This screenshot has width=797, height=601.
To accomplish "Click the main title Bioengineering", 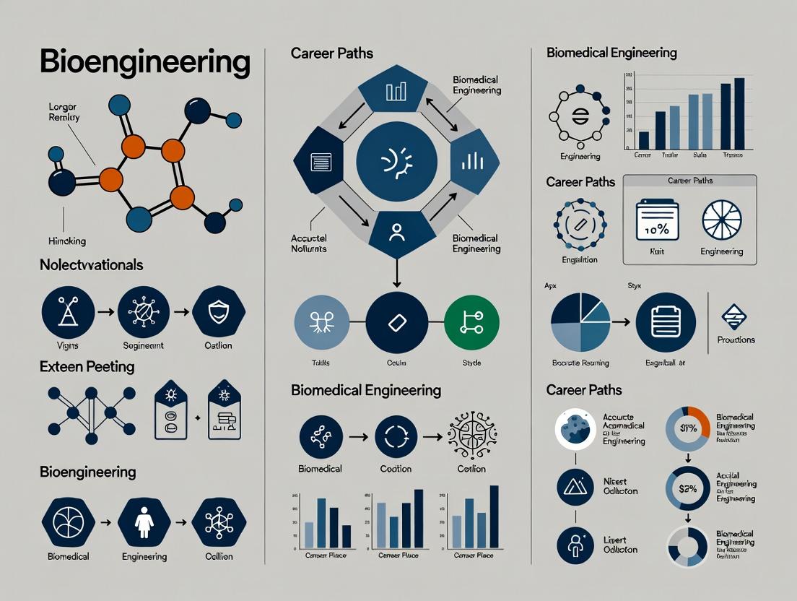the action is [x=144, y=63].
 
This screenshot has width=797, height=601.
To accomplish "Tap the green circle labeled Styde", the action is [x=471, y=322].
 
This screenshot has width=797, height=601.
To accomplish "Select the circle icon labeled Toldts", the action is [x=322, y=322].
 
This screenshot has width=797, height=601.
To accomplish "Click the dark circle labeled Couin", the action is [x=397, y=322].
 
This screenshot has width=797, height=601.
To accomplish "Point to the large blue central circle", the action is [x=397, y=160].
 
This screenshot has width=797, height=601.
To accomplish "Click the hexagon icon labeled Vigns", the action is [x=68, y=312].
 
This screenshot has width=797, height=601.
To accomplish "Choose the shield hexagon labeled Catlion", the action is [x=219, y=312].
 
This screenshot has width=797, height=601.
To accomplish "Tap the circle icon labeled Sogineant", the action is [x=143, y=312].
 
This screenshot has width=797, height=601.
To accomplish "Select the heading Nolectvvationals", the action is [x=91, y=265].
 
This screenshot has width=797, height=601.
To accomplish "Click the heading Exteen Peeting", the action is [x=87, y=366].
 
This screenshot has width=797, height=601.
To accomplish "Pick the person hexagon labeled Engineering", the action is [x=144, y=522].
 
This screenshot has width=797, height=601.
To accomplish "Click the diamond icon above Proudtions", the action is [x=736, y=316].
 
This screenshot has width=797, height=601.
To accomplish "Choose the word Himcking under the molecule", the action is [x=66, y=241].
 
